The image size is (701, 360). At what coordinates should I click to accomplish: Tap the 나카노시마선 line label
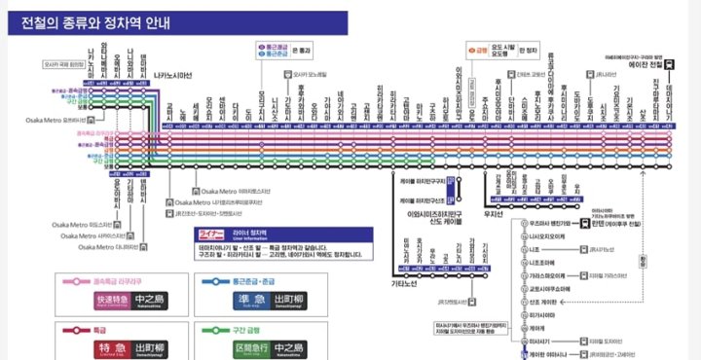[172, 75]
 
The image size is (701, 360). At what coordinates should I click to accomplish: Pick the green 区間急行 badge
[250, 346]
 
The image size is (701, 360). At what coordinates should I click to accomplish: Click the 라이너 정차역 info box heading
[250, 234]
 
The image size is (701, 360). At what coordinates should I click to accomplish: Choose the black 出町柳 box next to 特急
[151, 346]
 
